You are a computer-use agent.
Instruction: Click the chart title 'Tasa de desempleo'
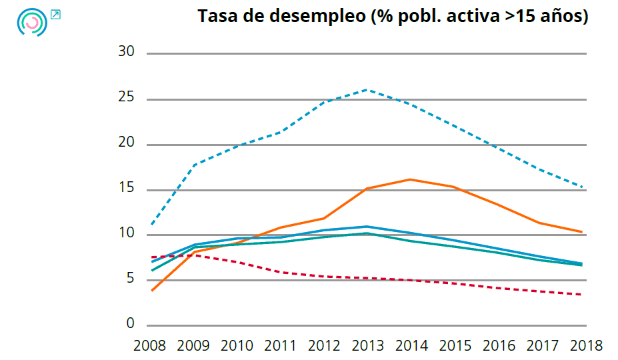(393, 17)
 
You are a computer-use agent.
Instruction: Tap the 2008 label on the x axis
(149, 345)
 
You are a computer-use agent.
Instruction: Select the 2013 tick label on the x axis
(367, 345)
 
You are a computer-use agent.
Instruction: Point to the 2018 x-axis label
(585, 345)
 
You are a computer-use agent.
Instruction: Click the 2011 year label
(280, 345)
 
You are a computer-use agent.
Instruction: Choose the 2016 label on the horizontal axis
(498, 345)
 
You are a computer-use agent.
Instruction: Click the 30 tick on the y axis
(127, 53)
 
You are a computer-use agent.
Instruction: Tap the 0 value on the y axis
(131, 324)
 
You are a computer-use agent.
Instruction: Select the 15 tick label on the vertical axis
(127, 189)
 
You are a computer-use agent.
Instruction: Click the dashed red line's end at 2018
(585, 295)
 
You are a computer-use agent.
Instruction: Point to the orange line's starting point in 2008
(152, 291)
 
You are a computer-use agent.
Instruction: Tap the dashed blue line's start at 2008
(152, 224)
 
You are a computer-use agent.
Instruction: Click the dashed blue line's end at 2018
(585, 187)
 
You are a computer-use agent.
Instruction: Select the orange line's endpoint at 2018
(585, 232)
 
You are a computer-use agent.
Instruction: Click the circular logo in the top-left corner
(31, 23)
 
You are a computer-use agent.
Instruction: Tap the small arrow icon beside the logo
(55, 14)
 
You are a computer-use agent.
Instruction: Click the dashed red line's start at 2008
(152, 257)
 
